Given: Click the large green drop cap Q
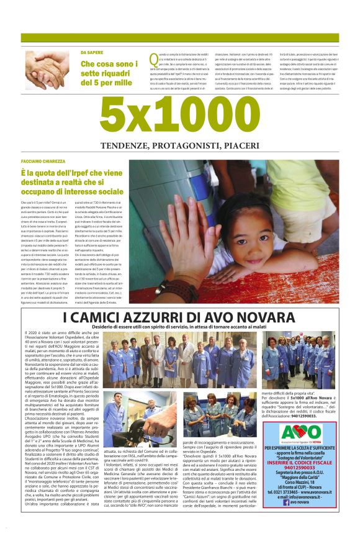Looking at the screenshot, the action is pyautogui.click(x=154, y=60).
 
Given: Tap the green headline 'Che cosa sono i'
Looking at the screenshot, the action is pyautogui.click(x=109, y=64).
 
